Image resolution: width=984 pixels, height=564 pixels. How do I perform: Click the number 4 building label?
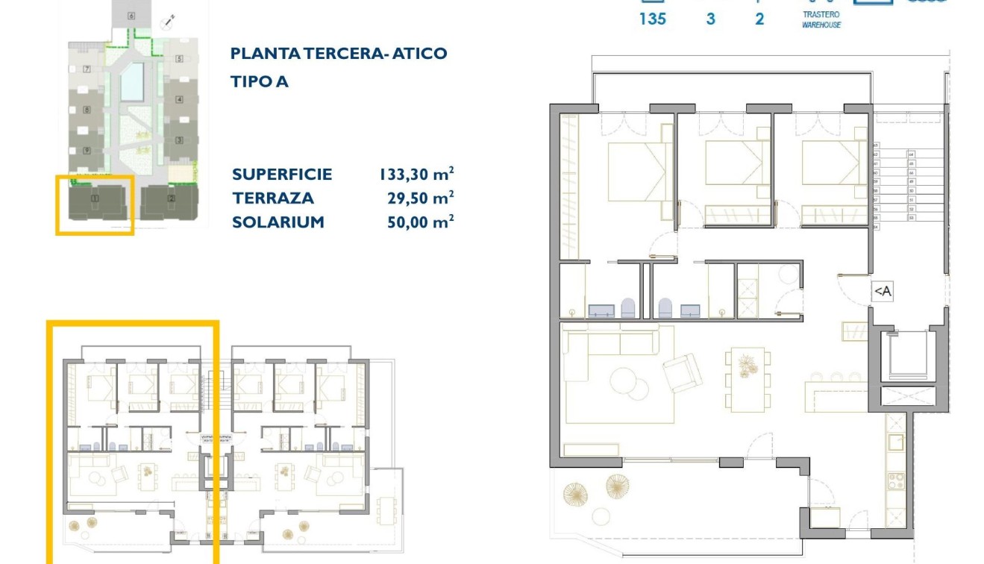point(179,100)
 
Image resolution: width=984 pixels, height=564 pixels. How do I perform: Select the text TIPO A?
point(260,82)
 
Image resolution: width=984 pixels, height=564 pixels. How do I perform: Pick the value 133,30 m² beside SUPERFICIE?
point(416,175)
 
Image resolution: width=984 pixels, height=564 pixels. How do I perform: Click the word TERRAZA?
point(273,198)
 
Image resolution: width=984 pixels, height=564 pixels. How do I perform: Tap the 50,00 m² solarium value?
point(416,222)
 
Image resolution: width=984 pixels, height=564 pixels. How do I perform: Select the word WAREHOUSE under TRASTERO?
point(821,25)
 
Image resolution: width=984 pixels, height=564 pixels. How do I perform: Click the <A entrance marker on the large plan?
point(882,292)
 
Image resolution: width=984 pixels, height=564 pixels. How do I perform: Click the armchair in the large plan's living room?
point(683,372)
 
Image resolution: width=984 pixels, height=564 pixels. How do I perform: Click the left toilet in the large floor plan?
point(627,308)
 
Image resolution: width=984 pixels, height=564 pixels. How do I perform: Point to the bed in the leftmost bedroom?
point(636,172)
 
